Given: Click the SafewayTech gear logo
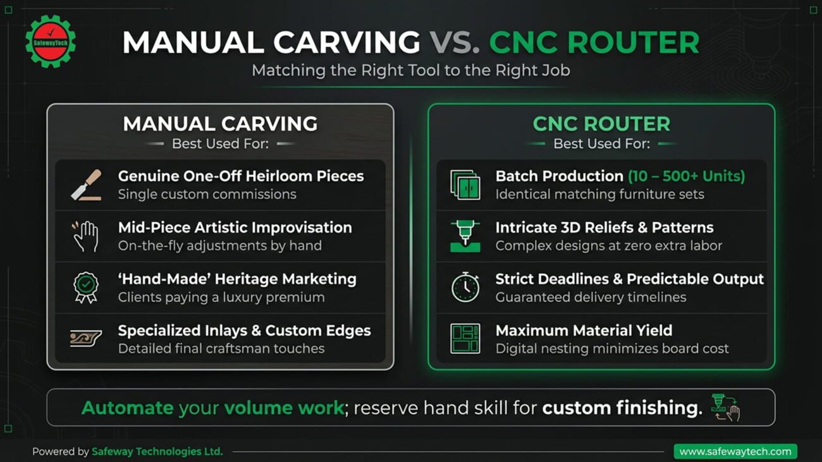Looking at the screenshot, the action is pos(51,42).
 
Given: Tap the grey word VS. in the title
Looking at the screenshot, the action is pos(454,42).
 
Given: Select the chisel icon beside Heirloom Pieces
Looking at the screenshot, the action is pos(86,185).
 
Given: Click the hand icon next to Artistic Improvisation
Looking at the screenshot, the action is pos(85,236).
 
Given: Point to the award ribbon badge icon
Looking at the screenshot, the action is pos(86,288).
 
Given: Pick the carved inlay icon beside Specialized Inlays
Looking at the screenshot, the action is pos(86,338).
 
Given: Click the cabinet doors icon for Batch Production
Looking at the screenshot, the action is pos(465,185).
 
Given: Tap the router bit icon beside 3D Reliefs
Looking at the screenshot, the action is pos(465,236).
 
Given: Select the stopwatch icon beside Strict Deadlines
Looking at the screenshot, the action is pos(465,287).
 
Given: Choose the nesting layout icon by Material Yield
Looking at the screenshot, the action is pos(465,338).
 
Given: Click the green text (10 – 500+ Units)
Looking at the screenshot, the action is pos(687,176).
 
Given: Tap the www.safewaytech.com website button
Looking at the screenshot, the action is pos(735,451).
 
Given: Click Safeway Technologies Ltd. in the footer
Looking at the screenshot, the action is pos(157,451).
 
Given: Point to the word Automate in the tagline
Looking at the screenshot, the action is pos(127,408).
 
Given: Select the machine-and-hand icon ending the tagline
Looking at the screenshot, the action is pos(725,408).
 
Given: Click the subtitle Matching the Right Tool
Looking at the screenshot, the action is pos(411,70).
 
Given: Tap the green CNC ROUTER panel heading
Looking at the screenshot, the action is pos(601,124).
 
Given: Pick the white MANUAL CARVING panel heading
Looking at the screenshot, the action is pos(220,124).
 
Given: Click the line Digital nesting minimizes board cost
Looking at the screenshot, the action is pos(611,348).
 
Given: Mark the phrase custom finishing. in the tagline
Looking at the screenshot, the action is pos(622,408).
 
